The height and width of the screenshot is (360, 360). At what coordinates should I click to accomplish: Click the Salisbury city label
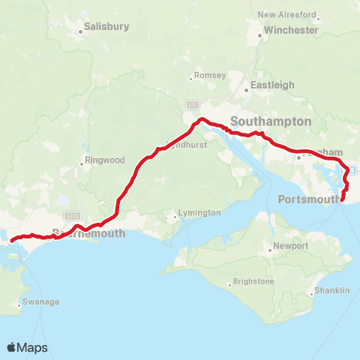[106, 26]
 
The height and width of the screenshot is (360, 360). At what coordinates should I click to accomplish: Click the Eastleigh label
[272, 85]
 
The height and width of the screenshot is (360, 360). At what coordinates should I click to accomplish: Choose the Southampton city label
[271, 121]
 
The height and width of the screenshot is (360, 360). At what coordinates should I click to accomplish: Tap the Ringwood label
[106, 160]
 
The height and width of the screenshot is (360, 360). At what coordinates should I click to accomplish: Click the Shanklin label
[331, 289]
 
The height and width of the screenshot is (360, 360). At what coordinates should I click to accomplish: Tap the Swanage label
[42, 301]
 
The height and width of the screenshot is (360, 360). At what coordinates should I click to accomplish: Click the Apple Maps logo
[28, 347]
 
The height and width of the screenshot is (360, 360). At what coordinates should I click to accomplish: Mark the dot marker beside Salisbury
[80, 31]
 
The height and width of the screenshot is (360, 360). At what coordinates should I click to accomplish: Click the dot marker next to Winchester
[259, 34]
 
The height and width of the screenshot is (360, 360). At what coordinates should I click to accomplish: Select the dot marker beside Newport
[271, 250]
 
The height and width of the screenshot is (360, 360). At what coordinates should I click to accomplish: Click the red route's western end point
[12, 240]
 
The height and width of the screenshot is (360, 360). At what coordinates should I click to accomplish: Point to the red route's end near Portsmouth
[343, 200]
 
